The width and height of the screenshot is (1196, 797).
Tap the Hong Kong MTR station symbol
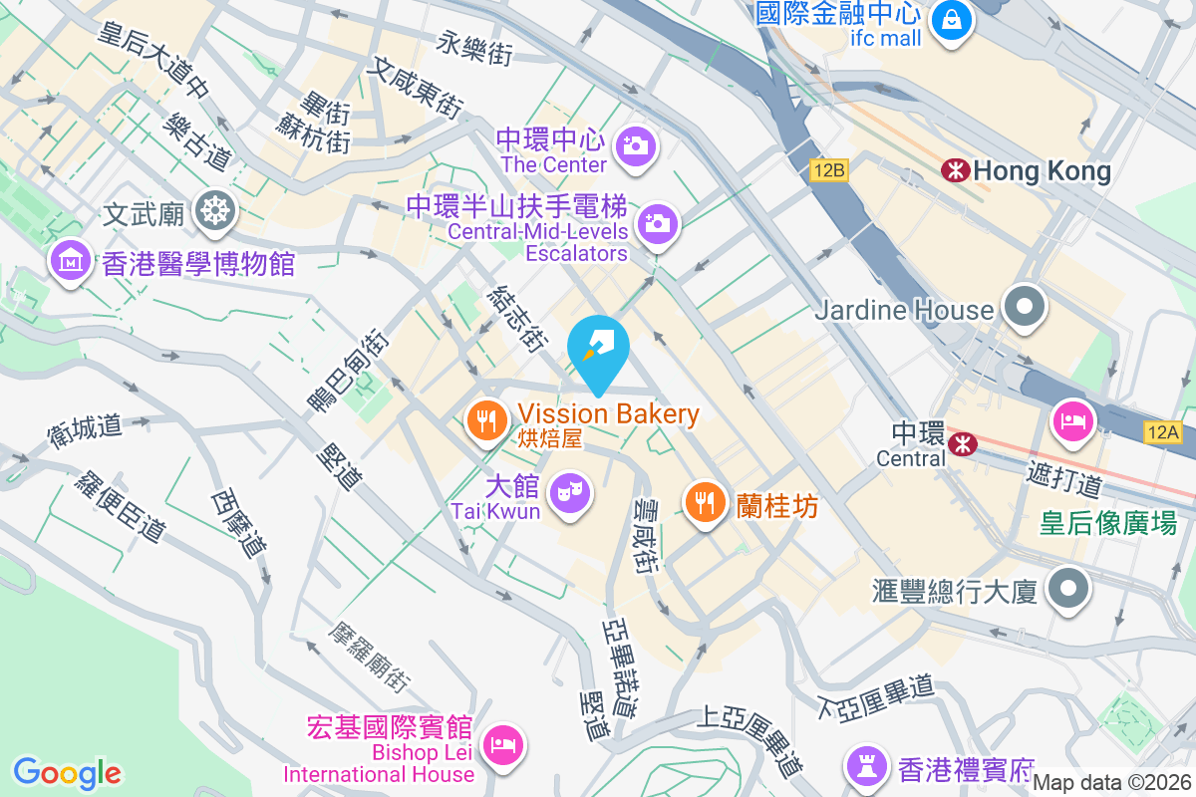(x=954, y=171)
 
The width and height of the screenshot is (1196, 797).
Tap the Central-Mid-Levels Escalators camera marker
(x=656, y=223)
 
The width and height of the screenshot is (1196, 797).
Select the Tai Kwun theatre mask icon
(x=569, y=490)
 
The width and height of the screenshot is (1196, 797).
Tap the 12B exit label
(x=828, y=170)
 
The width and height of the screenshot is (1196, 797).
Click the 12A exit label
(x=1162, y=431)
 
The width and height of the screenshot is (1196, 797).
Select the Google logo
(x=67, y=773)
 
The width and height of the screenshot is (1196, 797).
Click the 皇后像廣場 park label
(x=1108, y=522)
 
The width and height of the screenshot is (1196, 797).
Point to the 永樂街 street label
(x=475, y=47)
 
